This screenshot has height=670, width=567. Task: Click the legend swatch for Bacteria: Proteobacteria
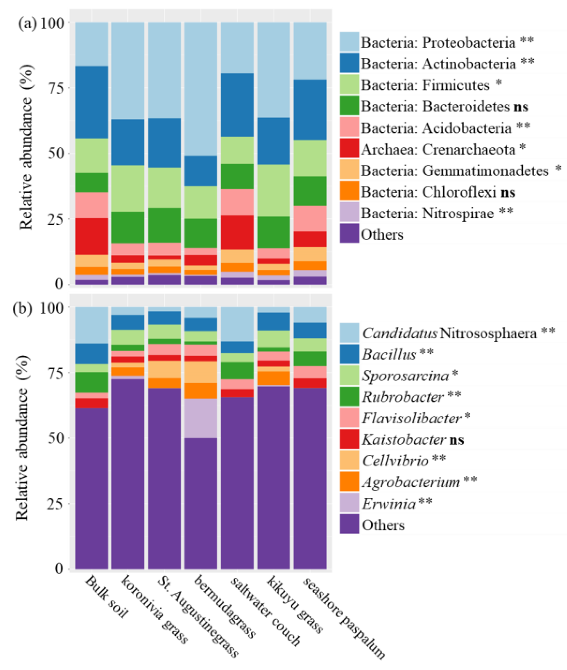coord(349,42)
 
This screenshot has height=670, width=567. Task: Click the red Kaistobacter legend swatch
coord(349,439)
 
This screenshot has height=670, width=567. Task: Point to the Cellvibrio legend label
coord(395,461)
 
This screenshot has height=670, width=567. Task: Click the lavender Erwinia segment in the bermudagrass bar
coord(201,418)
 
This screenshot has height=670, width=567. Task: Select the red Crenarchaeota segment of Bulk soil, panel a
coord(92,236)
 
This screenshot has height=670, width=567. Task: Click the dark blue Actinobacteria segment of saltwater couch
coord(237,105)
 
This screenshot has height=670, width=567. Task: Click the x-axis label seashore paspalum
coord(344,617)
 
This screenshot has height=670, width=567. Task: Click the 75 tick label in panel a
coord(56,88)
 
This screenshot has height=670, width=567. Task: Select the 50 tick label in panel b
coord(56,438)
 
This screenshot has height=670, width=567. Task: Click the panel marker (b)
coord(22,308)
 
